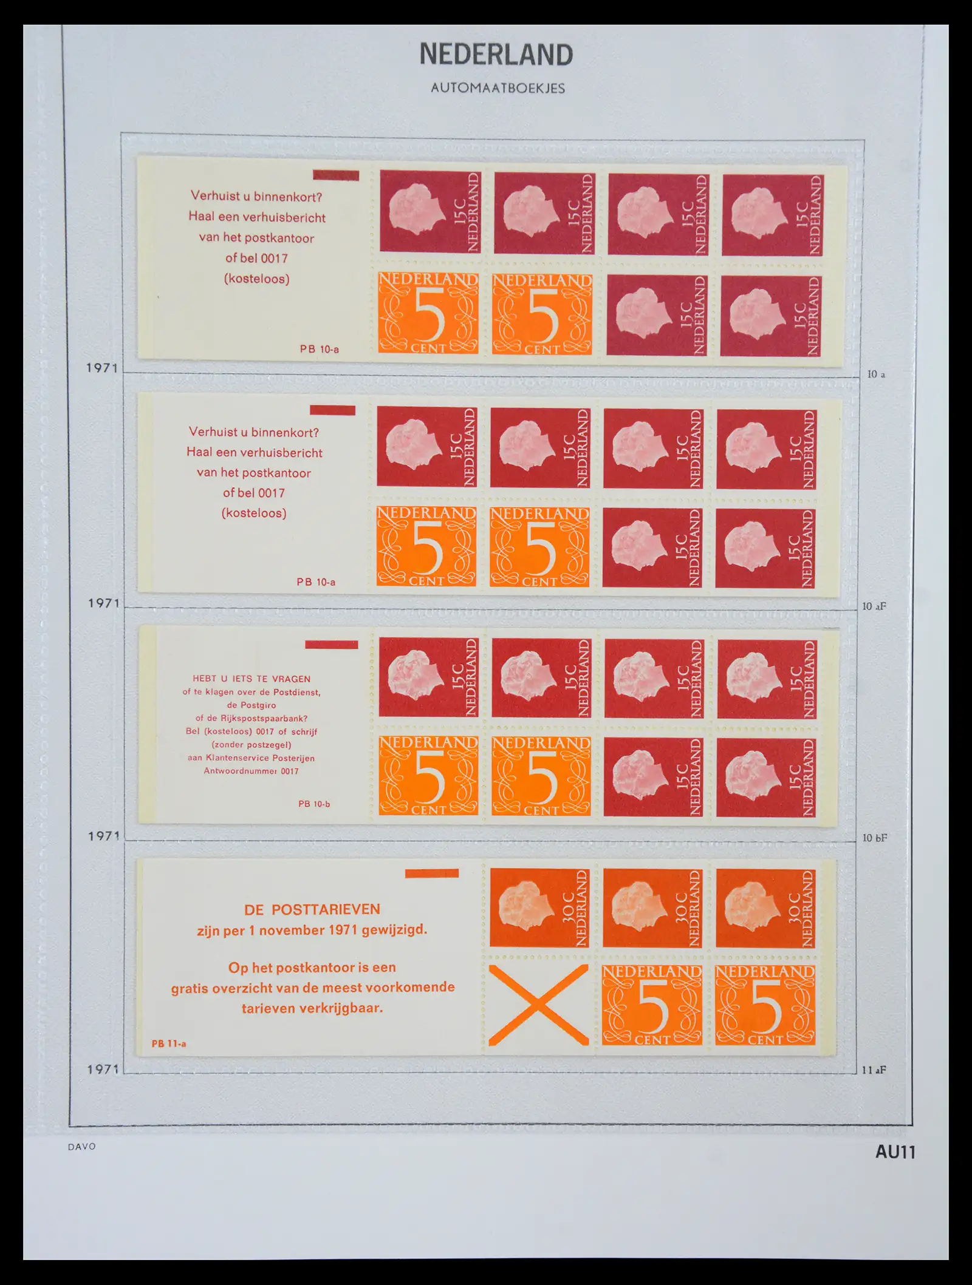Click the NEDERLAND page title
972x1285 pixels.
pos(496,55)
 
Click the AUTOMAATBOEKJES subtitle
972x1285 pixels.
pos(498,88)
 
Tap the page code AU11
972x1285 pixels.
pos(895,1152)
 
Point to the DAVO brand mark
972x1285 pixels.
pos(82,1147)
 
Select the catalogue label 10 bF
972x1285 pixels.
pos(875,838)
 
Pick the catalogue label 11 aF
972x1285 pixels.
pos(874,1070)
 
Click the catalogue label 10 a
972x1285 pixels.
pos(876,375)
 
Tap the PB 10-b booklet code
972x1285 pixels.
pos(314,804)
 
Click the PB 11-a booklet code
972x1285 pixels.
pos(169,1044)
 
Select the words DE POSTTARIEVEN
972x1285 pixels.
pos(312,909)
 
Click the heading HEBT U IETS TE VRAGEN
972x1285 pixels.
pos(252,679)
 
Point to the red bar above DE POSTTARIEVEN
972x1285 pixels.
pos(432,873)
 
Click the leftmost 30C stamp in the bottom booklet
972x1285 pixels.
pos(539,908)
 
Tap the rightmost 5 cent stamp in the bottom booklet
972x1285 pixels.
pos(765,1006)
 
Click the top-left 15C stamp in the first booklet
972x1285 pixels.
pos(430,212)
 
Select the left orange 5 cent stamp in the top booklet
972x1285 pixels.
pos(428,313)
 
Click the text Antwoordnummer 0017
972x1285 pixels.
pos(252,771)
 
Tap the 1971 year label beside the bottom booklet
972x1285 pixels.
pos(103,1069)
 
